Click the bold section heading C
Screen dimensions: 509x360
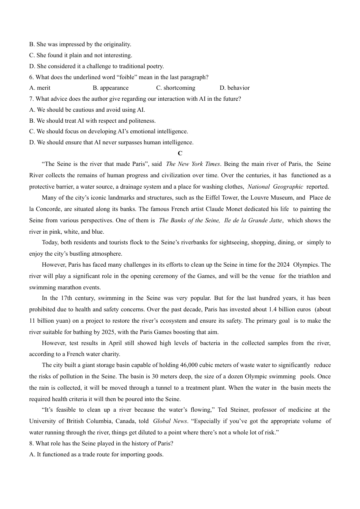180,153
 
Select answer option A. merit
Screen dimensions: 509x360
40,88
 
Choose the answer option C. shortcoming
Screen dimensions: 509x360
176,88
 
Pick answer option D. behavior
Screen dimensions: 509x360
235,88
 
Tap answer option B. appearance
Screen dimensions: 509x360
111,88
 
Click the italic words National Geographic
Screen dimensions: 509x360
275,186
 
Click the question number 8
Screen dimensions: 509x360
31,443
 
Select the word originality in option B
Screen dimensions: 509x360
115,44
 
